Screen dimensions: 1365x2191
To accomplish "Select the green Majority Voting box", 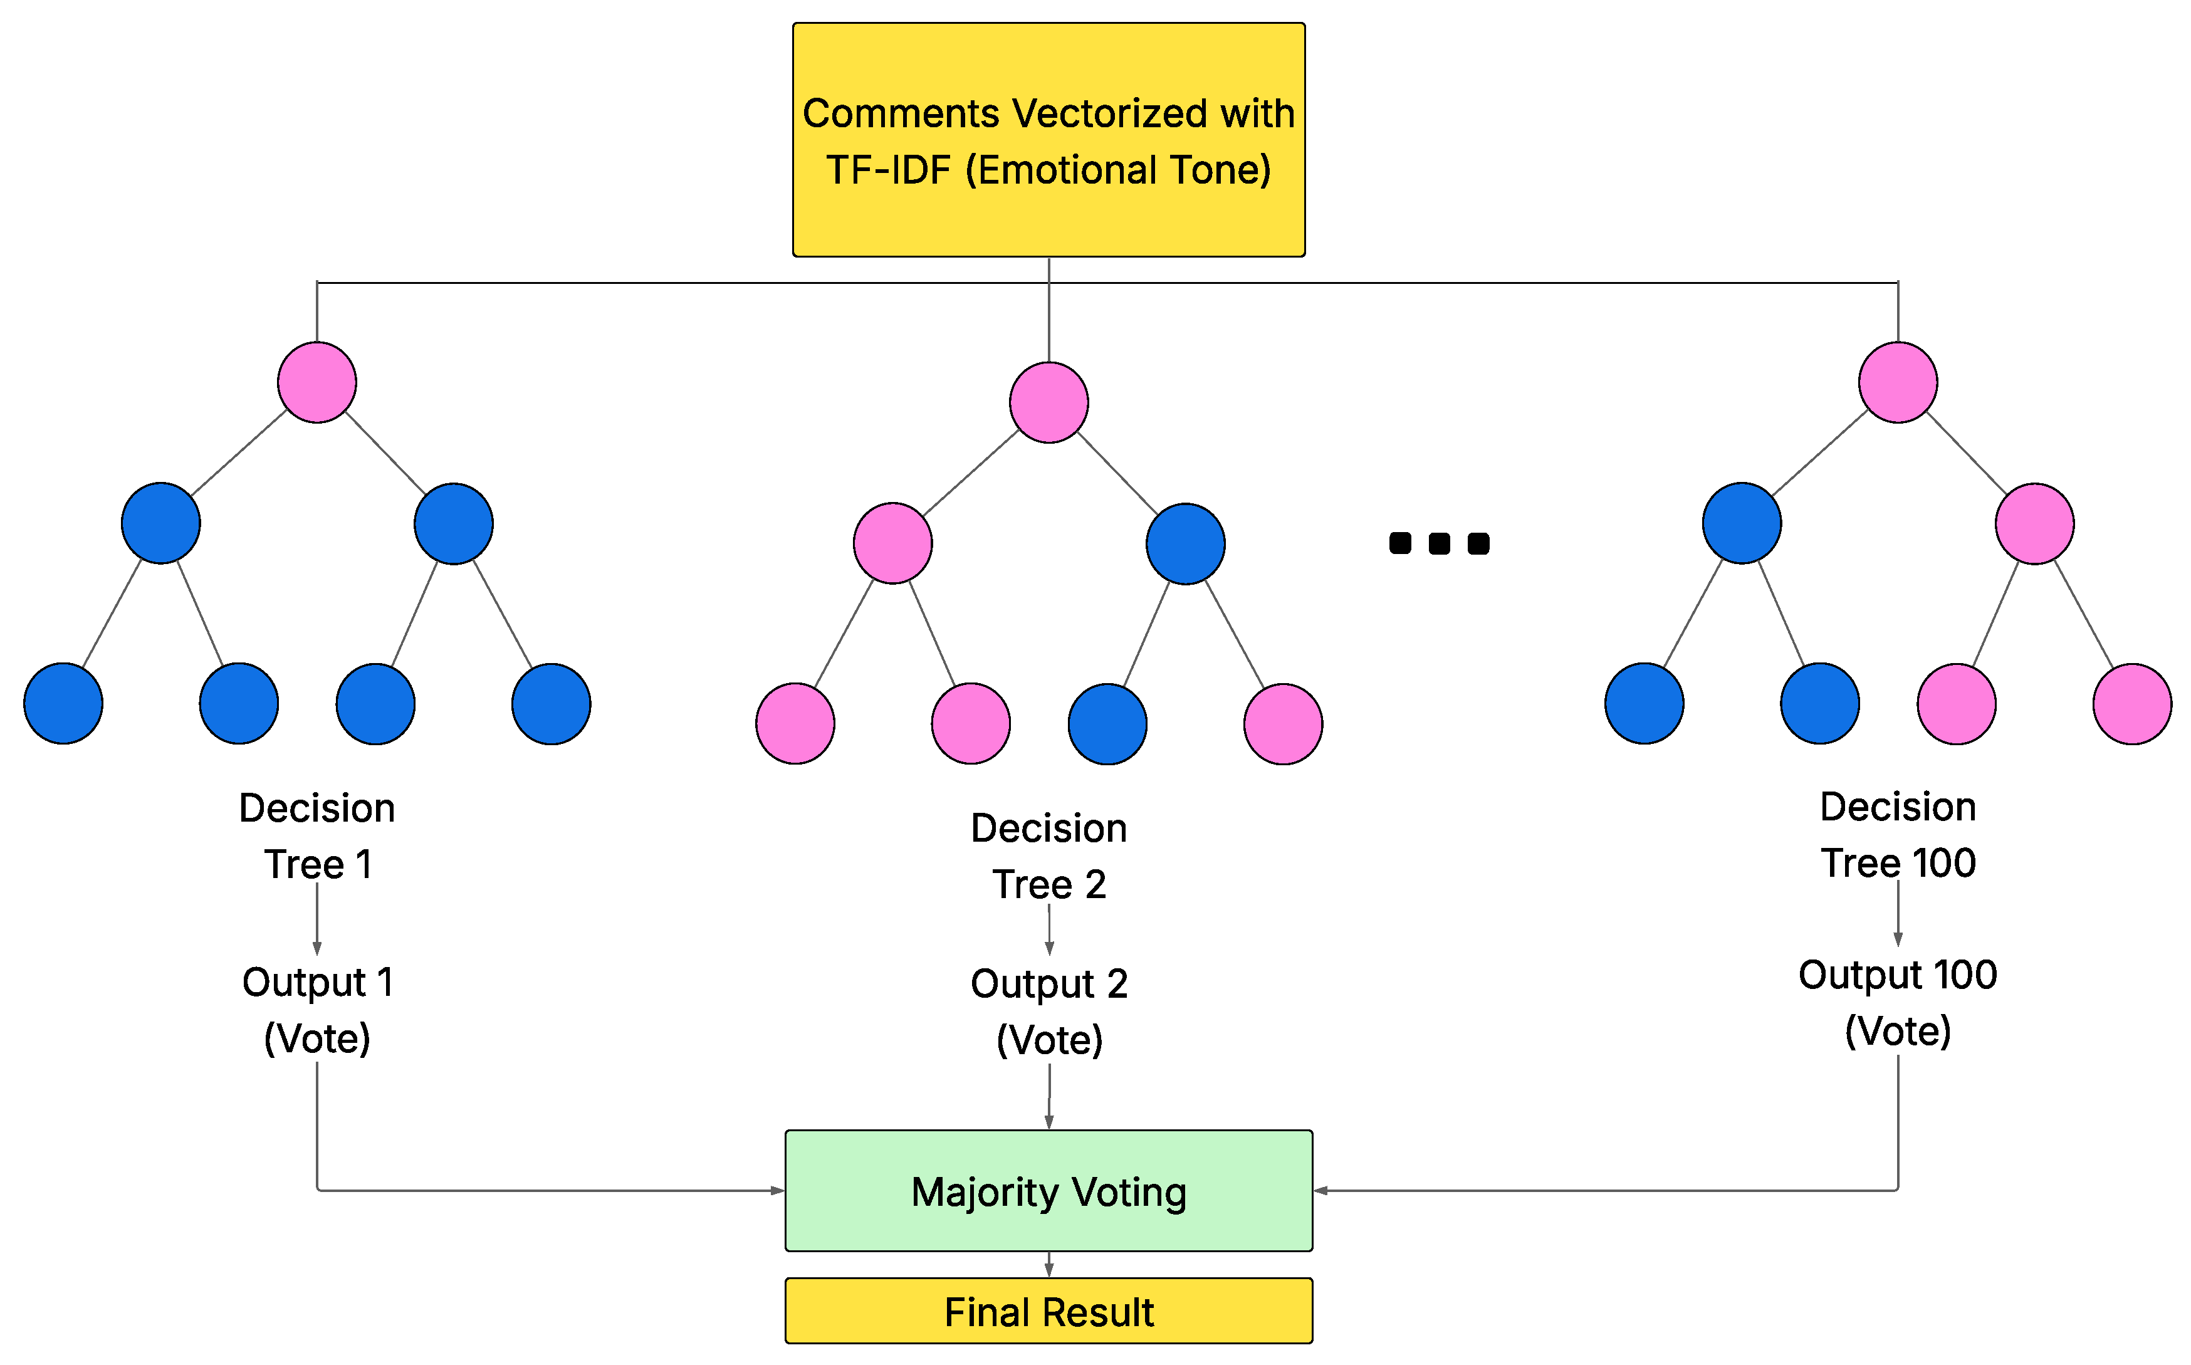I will click(x=1048, y=1191).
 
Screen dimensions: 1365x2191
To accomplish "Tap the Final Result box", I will click(x=1048, y=1312).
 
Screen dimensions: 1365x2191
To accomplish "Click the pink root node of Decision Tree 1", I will click(x=317, y=382).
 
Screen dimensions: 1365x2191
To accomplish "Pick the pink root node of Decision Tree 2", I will click(x=1048, y=402).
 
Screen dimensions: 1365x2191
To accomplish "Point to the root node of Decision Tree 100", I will click(x=1898, y=382).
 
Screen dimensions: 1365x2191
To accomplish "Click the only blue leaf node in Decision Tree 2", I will click(x=1107, y=724).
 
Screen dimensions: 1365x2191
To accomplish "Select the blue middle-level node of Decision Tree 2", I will click(x=1185, y=543).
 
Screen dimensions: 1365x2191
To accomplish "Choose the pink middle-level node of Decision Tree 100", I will click(x=2035, y=523).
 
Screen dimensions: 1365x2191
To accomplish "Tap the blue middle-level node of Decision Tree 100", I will click(x=1742, y=523).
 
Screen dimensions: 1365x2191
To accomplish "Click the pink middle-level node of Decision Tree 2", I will click(x=893, y=543).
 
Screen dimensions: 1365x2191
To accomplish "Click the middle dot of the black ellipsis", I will click(x=1439, y=543).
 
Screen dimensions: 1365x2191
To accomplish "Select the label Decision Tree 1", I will click(x=317, y=836).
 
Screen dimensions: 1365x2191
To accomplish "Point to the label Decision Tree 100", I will click(x=1898, y=835).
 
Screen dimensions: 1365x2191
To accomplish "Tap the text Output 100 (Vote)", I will click(x=1898, y=1002).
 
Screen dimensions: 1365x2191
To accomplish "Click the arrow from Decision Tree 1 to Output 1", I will click(x=317, y=918).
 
